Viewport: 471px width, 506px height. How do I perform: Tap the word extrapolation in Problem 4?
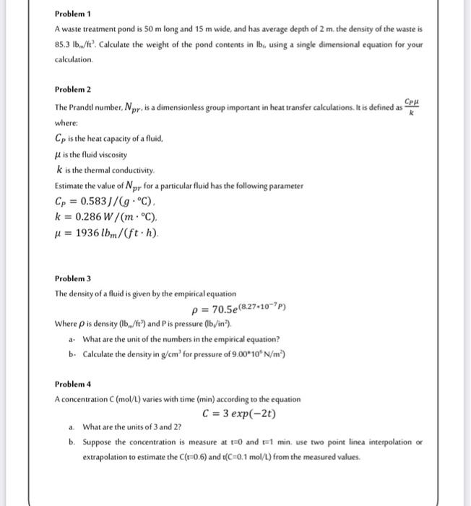pos(110,455)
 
